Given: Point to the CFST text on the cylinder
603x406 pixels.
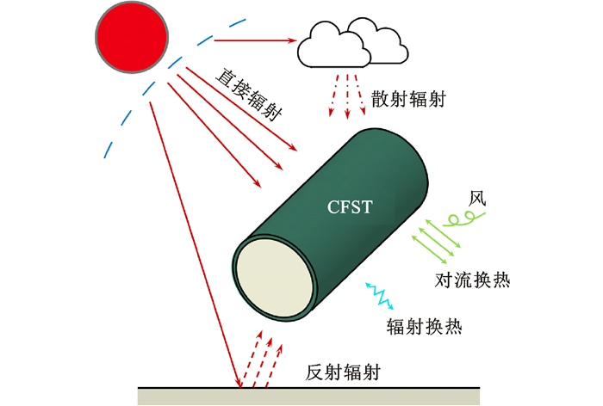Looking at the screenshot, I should [x=352, y=206].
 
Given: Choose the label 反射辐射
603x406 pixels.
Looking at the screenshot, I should [x=343, y=373].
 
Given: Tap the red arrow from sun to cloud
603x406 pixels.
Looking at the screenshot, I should [x=255, y=40].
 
